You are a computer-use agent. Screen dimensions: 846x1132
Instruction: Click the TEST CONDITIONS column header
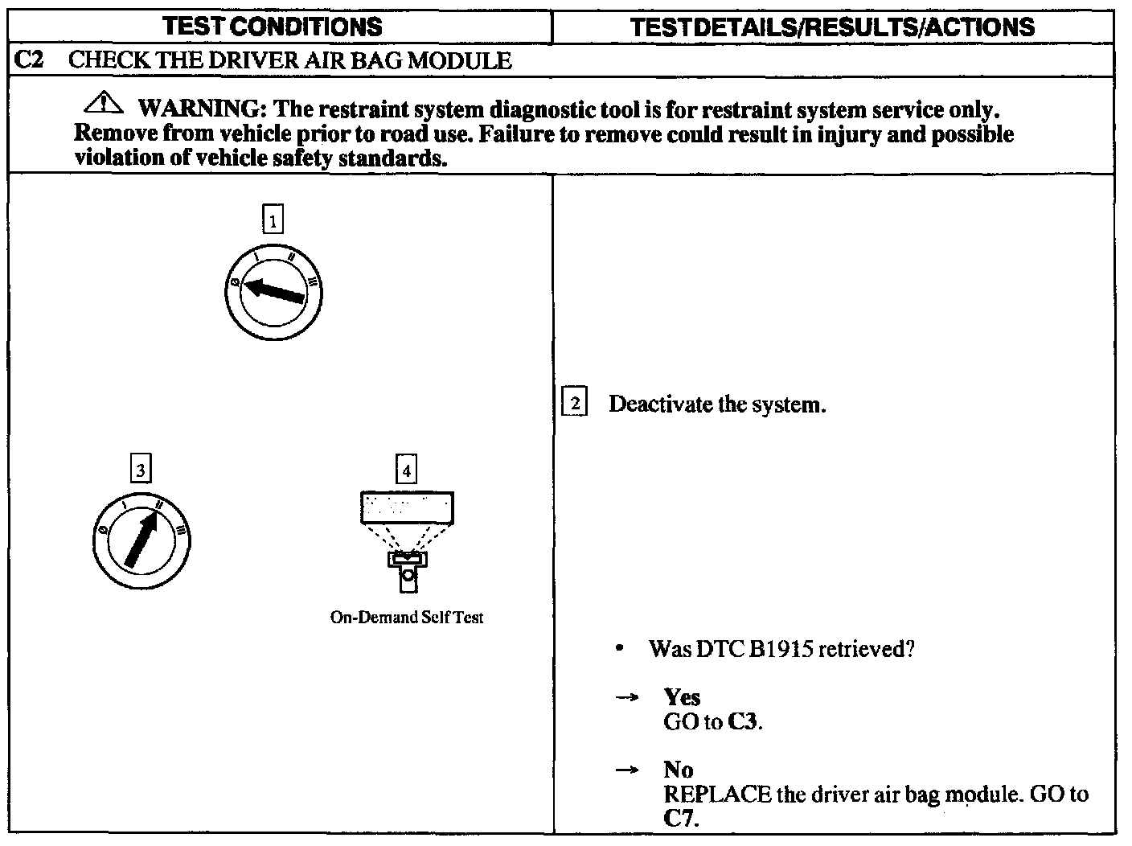click(273, 27)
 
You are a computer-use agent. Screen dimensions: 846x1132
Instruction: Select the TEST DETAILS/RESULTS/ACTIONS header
click(832, 27)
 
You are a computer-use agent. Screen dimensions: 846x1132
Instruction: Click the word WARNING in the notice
click(198, 109)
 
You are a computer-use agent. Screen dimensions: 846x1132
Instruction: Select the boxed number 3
click(141, 470)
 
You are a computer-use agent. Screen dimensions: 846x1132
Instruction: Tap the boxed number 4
click(406, 470)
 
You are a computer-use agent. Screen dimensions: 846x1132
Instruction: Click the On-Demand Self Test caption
click(407, 618)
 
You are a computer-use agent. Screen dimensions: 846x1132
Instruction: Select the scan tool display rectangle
click(407, 508)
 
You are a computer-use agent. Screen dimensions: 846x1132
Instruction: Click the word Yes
click(682, 697)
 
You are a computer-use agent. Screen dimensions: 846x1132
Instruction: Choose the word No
click(679, 770)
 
